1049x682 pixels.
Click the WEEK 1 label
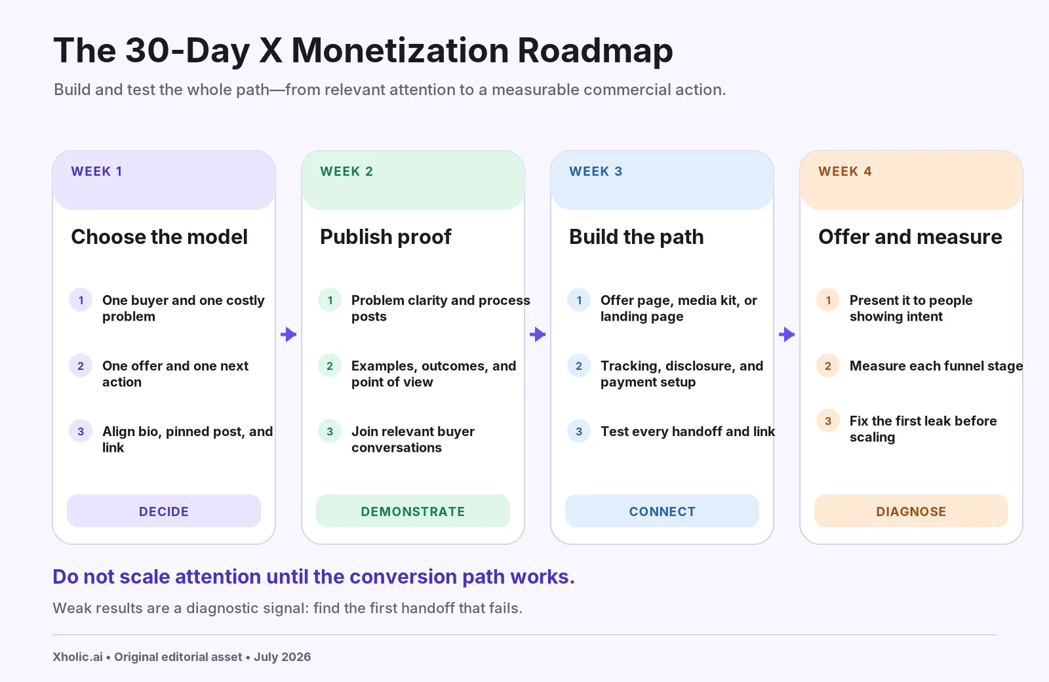click(x=96, y=171)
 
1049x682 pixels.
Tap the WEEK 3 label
click(x=596, y=171)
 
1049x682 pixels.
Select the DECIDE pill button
click(x=164, y=511)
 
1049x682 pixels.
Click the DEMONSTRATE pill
click(x=413, y=511)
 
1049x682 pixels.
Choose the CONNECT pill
click(x=662, y=511)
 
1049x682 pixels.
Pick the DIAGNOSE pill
click(x=911, y=511)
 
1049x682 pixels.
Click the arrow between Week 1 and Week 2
click(x=288, y=334)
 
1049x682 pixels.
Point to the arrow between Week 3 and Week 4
click(x=787, y=334)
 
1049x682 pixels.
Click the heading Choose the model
click(x=159, y=237)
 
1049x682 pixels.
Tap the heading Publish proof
click(x=386, y=237)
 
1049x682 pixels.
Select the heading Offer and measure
click(x=911, y=237)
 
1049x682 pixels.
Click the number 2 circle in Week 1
click(x=81, y=365)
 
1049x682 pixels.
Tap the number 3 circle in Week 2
click(x=330, y=431)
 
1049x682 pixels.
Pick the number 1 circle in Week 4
click(x=828, y=300)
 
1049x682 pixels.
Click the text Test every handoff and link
click(x=688, y=431)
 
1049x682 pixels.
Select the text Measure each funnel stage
click(x=936, y=366)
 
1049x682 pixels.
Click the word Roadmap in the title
click(x=595, y=50)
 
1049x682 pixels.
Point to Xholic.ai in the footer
click(x=77, y=656)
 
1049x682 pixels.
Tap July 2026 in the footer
click(x=283, y=657)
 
